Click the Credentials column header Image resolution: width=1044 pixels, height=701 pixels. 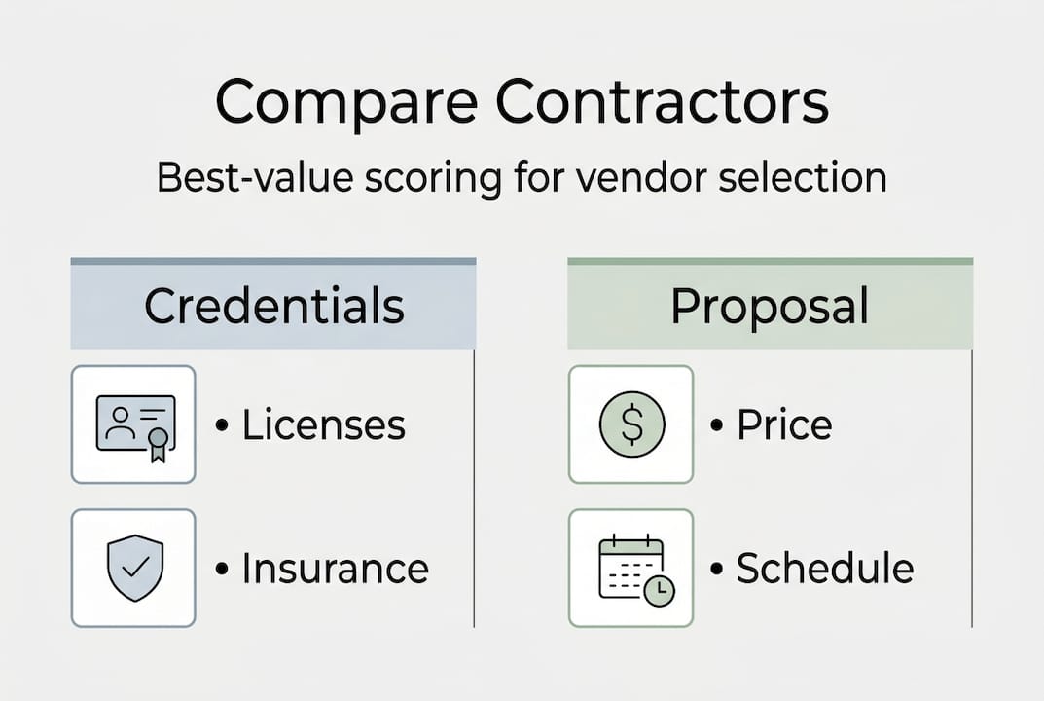pos(273,307)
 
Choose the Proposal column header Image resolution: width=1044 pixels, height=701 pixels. pos(770,307)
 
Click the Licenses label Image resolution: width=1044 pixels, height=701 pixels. pos(323,424)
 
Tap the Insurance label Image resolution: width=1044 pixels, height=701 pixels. pos(335,569)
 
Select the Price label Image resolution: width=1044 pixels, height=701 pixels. pos(784,424)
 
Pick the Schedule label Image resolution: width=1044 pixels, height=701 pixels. pos(824,569)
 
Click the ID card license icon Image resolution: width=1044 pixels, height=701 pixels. pos(134,425)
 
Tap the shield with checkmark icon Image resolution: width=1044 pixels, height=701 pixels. pos(134,568)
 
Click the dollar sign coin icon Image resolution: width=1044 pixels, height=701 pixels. pos(631,425)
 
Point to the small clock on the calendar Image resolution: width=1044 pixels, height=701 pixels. pos(659,590)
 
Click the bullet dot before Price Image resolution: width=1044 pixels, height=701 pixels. pos(718,426)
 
